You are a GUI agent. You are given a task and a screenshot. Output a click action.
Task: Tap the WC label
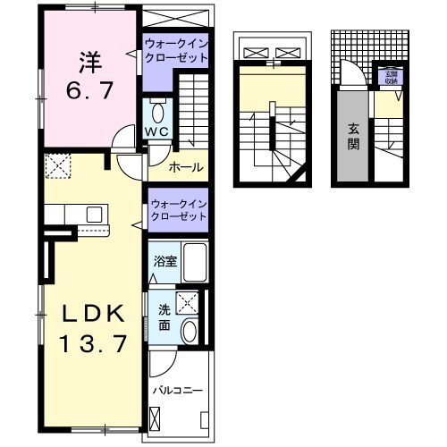pos(157,133)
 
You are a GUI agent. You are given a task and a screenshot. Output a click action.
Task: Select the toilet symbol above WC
pos(157,113)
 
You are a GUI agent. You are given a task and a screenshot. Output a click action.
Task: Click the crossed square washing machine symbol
pos(188,301)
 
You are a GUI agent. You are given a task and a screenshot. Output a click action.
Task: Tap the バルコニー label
pos(177,391)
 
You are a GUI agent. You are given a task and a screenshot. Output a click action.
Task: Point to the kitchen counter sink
pos(93,215)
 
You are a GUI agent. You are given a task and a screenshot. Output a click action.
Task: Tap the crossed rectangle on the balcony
pos(157,417)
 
